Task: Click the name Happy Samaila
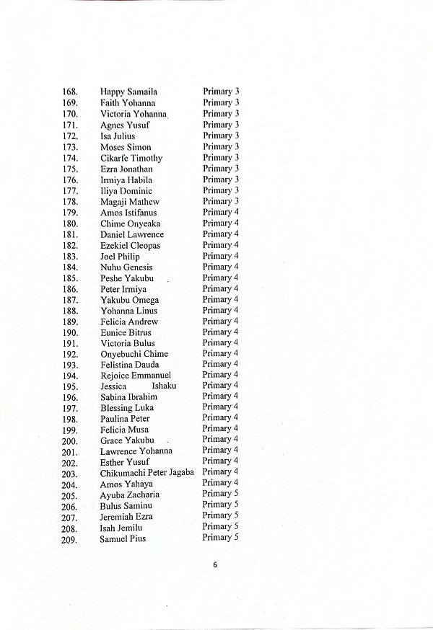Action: coord(128,92)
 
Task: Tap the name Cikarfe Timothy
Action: coord(131,158)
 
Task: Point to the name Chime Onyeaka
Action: coord(130,223)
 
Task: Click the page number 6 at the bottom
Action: coord(215,564)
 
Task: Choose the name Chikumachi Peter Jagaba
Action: coord(147,473)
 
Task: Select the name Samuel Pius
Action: coord(123,538)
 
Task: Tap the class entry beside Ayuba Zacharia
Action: coord(220,494)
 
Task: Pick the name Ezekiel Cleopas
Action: coord(130,245)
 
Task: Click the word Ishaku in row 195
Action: coord(164,386)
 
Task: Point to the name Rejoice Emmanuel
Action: coord(136,376)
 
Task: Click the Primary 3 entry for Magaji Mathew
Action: coord(221,201)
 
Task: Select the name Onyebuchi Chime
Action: coord(134,354)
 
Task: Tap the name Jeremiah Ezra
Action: coord(126,517)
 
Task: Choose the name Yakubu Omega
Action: coord(130,300)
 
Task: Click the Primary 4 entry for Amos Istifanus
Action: coord(220,212)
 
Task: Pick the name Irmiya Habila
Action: coord(126,179)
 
